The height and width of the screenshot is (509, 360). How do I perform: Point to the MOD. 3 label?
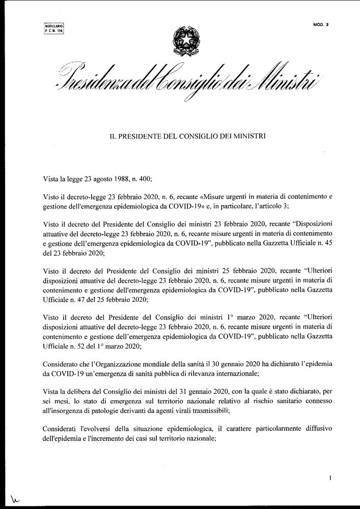321,24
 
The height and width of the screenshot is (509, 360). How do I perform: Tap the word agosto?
99,179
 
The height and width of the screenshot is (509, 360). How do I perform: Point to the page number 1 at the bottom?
330,478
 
